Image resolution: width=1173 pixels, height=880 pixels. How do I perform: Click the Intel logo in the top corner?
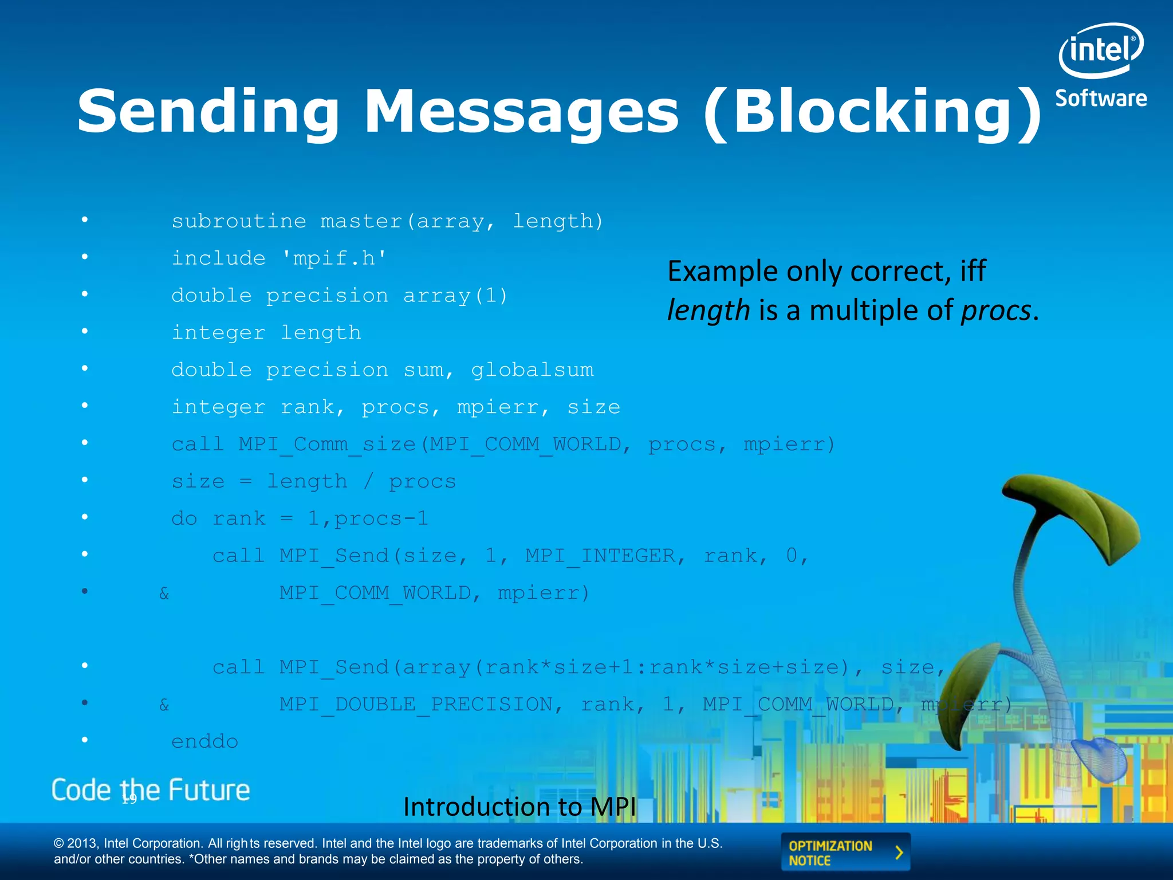[x=1101, y=50]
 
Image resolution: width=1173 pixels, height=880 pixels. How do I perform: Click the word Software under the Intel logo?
[x=1101, y=99]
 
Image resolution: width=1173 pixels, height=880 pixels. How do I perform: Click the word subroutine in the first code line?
[x=239, y=221]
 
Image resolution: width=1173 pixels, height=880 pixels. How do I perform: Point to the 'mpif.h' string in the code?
[x=334, y=258]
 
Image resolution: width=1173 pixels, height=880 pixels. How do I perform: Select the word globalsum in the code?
[x=532, y=370]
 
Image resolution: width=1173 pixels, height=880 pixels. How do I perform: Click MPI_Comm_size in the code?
[x=327, y=445]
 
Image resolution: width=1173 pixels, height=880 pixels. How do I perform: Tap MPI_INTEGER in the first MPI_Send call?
[x=600, y=556]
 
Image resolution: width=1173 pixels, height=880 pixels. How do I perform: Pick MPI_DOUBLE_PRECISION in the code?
[x=416, y=705]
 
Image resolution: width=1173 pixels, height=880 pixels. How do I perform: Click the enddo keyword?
[x=204, y=742]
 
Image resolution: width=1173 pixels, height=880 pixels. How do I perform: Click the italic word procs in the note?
[x=995, y=311]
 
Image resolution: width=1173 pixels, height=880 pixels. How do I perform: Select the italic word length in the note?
[x=708, y=311]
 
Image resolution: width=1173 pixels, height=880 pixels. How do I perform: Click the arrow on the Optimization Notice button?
[x=899, y=852]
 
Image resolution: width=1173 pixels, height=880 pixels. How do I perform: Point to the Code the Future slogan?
[x=151, y=791]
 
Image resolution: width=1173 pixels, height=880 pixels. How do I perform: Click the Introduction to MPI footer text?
[x=519, y=807]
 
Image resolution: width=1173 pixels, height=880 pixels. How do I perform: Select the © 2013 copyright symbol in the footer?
[x=59, y=844]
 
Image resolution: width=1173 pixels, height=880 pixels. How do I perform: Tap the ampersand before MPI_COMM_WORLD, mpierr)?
[x=164, y=594]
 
